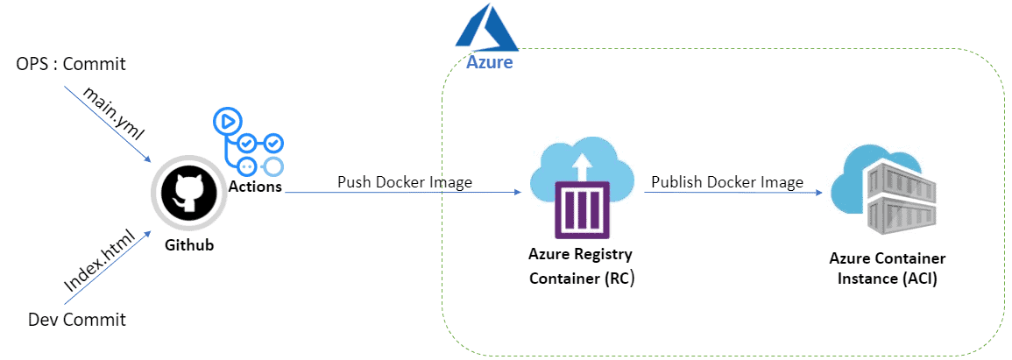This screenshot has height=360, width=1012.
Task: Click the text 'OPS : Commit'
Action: [x=71, y=64]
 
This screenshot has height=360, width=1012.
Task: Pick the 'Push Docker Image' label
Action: [x=405, y=182]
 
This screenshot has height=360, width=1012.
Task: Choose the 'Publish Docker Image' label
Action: [x=726, y=182]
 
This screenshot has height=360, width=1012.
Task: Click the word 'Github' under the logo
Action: [x=189, y=245]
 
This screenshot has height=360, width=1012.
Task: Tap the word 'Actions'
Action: [x=255, y=187]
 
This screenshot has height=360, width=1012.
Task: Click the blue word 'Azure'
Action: [x=489, y=63]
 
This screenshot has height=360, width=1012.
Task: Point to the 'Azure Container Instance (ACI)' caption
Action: [x=887, y=268]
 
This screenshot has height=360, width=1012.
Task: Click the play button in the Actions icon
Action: [x=227, y=121]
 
